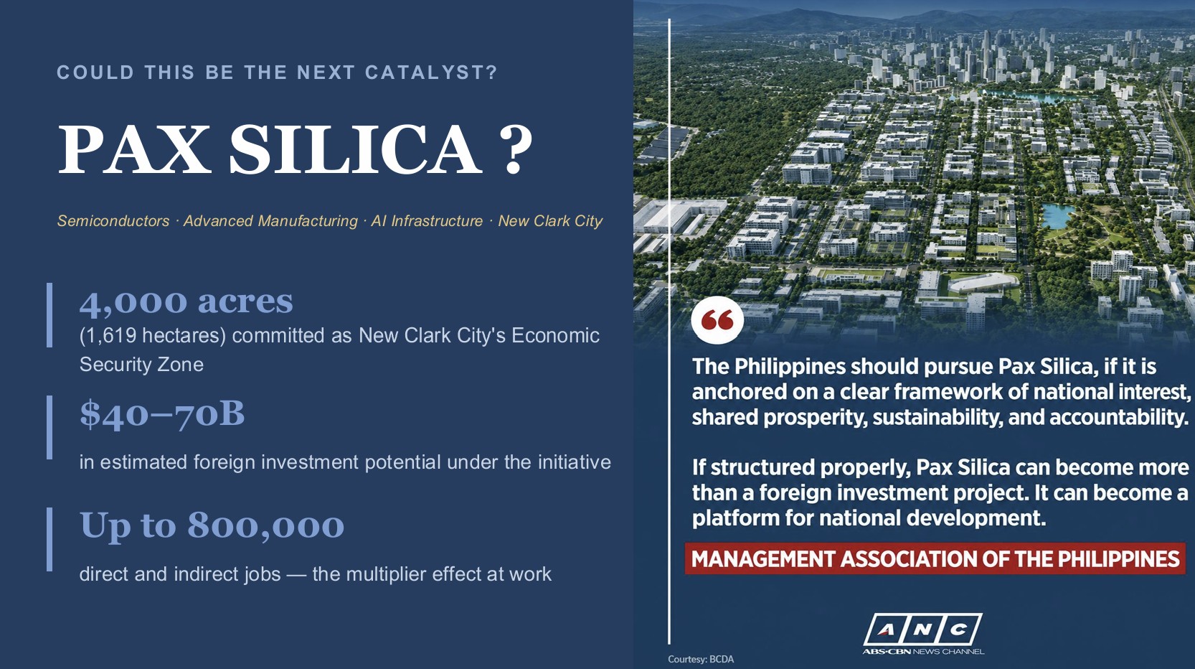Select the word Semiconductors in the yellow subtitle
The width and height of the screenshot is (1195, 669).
(113, 221)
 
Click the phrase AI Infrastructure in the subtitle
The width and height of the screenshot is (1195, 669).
(427, 221)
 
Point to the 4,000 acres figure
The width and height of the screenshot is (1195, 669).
(186, 301)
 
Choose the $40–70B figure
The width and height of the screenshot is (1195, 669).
(162, 413)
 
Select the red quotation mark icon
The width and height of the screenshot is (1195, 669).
(717, 320)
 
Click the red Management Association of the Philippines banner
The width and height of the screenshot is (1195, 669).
(935, 559)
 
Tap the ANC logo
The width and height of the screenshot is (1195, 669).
(923, 630)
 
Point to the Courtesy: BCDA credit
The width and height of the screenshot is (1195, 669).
(701, 660)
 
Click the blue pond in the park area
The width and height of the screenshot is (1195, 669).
(1057, 215)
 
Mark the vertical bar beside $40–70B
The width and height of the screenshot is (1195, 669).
(49, 427)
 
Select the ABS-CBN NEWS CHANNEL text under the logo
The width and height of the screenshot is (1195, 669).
(923, 651)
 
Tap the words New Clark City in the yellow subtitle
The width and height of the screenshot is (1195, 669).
(550, 221)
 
